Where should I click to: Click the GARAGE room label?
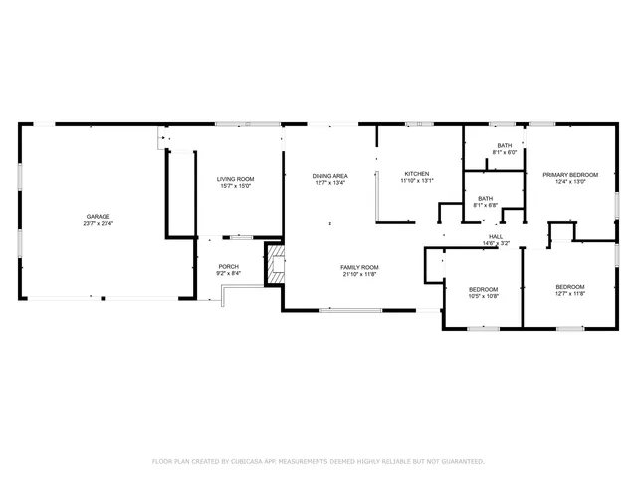click(x=98, y=216)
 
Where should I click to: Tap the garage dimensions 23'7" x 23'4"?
click(x=98, y=224)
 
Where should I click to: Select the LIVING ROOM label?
click(x=236, y=179)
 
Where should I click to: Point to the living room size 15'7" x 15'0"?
click(x=236, y=186)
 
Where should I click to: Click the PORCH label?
click(x=228, y=266)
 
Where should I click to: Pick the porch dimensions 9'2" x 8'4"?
click(x=228, y=273)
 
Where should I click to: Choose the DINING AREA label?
click(x=329, y=175)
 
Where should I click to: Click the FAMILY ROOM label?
click(x=359, y=267)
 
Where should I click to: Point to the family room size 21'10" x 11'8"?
click(x=359, y=274)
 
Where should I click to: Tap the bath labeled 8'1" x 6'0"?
click(x=504, y=149)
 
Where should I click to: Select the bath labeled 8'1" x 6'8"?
click(x=485, y=202)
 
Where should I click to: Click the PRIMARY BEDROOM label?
click(x=570, y=174)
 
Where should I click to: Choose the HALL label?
click(x=495, y=236)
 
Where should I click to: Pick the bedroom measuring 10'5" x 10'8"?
click(x=483, y=292)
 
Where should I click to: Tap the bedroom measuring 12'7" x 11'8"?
click(x=570, y=290)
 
